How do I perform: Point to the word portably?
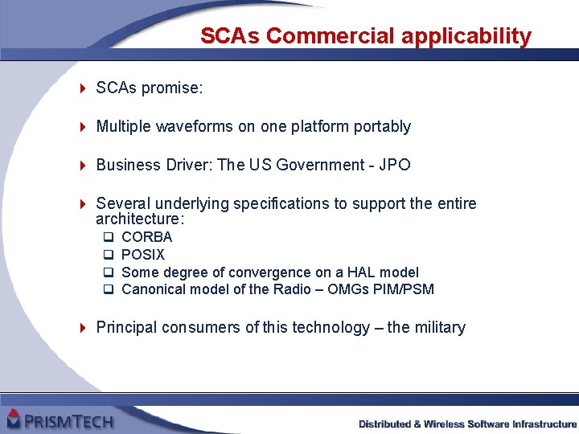(x=381, y=126)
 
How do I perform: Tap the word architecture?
(x=138, y=219)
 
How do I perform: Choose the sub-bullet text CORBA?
(x=146, y=237)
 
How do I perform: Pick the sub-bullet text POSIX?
(x=143, y=255)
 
